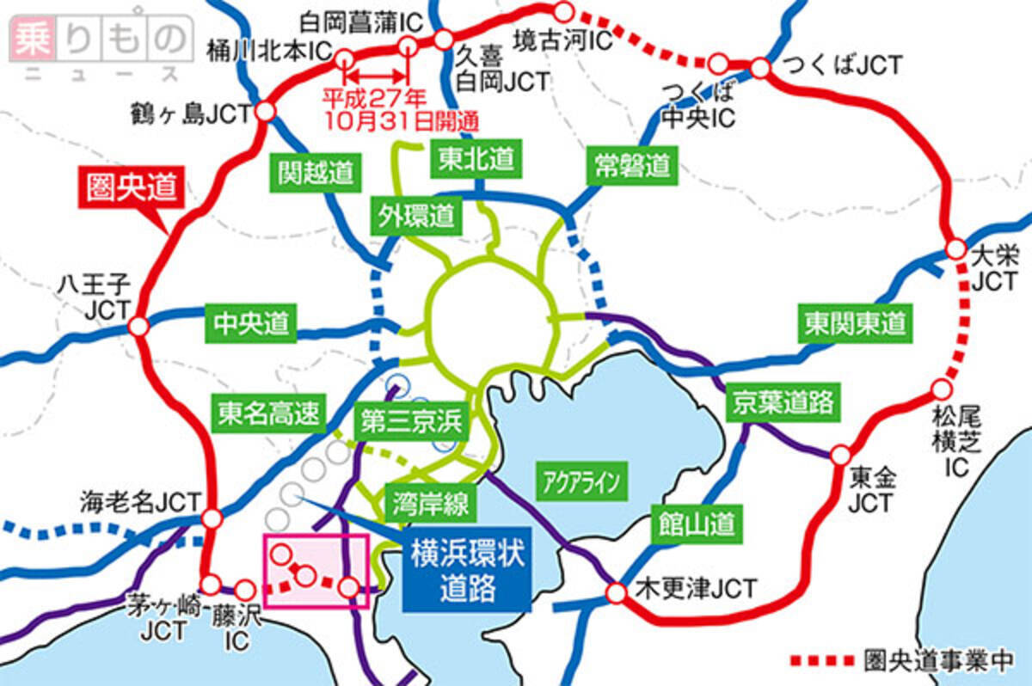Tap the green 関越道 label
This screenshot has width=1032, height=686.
pos(316,170)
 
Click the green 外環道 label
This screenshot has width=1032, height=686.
pos(415,216)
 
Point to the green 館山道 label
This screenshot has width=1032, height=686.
pos(697,519)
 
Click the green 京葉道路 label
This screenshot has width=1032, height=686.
pos(783,401)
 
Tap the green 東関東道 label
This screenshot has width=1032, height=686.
pos(856,323)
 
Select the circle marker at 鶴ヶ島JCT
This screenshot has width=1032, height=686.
pos(265,111)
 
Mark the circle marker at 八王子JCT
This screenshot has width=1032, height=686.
pos(138,327)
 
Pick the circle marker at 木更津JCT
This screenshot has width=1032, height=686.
pos(617,592)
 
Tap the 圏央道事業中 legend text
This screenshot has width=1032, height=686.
pos(938,660)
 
